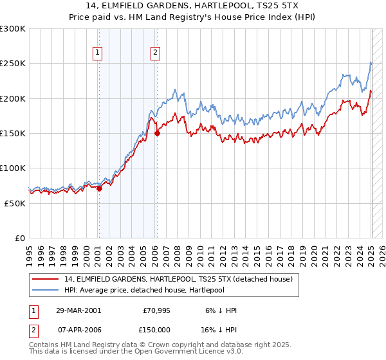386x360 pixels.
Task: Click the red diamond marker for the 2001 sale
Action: [99, 188]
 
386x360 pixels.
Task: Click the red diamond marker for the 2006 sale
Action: [157, 134]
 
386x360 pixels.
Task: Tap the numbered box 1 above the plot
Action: [98, 53]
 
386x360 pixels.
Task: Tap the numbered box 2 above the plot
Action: [156, 53]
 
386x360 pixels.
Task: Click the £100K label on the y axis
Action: [13, 168]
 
